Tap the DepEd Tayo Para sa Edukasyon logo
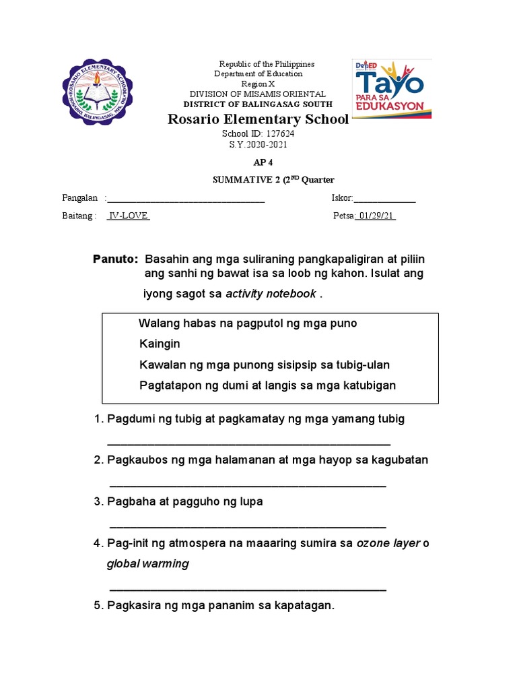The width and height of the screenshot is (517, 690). point(392,88)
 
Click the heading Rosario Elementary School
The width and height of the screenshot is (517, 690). point(258,119)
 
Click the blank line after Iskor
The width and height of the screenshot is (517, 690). point(384,199)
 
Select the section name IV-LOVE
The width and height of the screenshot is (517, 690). point(129,216)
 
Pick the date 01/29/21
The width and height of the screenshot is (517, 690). point(377,216)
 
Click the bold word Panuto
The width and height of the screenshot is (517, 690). point(115,259)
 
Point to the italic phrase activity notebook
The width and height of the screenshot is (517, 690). point(271,293)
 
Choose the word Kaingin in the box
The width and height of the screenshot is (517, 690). point(160,344)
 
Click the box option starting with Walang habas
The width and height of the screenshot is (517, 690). point(248,323)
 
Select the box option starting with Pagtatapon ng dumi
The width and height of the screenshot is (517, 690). point(267,385)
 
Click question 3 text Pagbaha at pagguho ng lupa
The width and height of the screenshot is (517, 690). point(185,501)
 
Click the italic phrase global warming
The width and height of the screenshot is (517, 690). point(147,563)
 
